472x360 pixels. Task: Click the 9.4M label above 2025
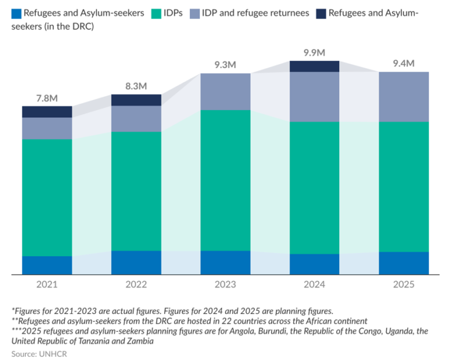pos(403,63)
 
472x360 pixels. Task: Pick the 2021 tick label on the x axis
pos(47,284)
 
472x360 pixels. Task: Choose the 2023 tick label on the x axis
pos(225,284)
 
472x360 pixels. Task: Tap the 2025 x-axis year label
pos(403,284)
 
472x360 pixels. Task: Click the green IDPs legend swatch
pos(156,13)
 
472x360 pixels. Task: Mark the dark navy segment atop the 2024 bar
pos(314,66)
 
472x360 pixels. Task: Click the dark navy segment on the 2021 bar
pos(47,111)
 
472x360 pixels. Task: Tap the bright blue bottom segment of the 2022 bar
pos(136,262)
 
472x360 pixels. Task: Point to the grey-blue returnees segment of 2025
pos(403,96)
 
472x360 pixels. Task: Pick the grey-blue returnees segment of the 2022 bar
pos(136,119)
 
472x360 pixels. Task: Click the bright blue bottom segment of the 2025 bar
pos(403,263)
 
